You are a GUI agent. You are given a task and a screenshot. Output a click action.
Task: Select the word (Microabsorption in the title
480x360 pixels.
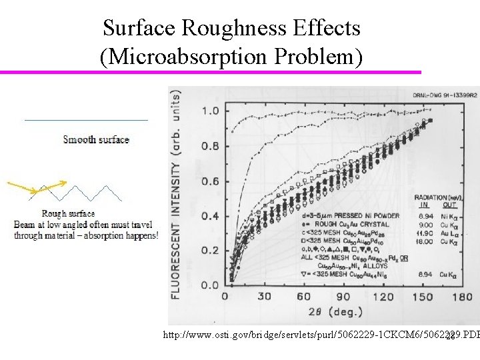tap(175, 57)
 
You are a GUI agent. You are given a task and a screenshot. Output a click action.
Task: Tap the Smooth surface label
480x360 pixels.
tap(96, 139)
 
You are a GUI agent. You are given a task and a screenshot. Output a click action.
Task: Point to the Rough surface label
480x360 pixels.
tap(69, 213)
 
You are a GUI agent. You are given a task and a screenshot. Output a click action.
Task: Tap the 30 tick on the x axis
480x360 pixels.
tap(264, 297)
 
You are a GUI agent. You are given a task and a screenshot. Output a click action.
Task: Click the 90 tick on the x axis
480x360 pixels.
tap(343, 297)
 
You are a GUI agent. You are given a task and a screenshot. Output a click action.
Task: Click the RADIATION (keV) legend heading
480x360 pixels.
tap(437, 198)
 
